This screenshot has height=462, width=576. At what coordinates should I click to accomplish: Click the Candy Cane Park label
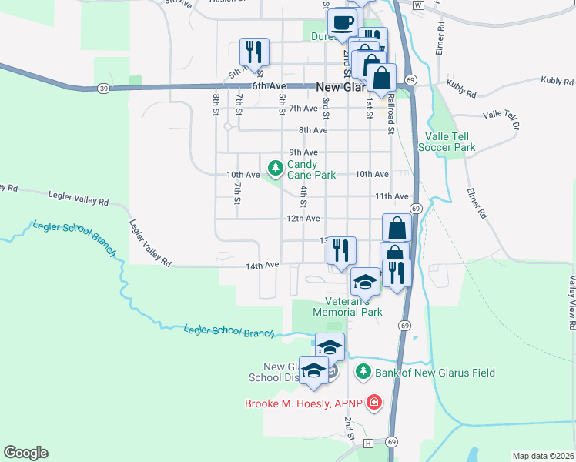pos(312,169)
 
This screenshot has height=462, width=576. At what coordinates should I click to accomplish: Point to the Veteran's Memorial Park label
pos(347,307)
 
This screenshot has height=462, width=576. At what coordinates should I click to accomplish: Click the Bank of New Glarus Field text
pos(435,373)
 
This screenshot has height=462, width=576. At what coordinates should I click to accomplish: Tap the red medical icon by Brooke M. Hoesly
pos(374,403)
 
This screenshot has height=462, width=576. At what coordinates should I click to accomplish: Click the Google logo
pos(25,453)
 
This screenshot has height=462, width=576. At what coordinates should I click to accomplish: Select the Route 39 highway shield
pos(103,89)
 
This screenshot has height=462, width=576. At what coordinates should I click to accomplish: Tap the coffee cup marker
pos(342,22)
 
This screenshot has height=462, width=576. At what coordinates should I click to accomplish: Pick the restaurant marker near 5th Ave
pos(254,52)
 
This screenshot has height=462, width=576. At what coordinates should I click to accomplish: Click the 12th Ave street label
pos(303,219)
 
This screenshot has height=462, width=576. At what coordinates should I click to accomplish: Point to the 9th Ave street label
pos(303,152)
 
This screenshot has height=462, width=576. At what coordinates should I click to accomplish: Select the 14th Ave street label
pos(262,265)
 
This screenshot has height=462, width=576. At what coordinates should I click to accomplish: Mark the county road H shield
pos(368,443)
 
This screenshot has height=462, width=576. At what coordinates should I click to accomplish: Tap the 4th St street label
pos(304,197)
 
